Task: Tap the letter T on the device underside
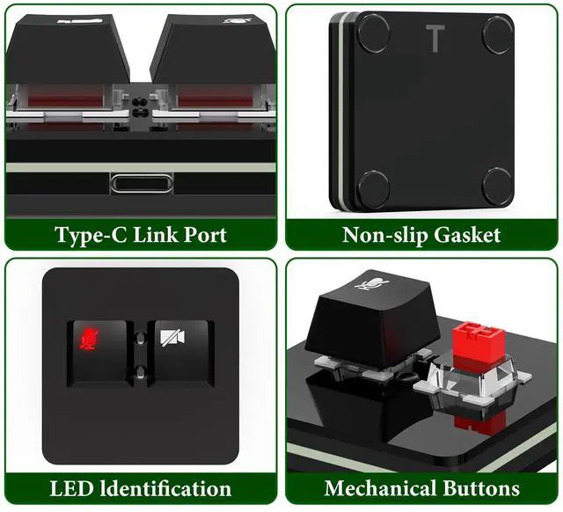435,39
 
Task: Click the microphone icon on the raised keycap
372,283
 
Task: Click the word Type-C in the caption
91,235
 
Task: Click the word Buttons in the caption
481,488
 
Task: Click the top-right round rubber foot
497,33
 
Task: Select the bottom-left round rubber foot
372,187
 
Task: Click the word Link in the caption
157,235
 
